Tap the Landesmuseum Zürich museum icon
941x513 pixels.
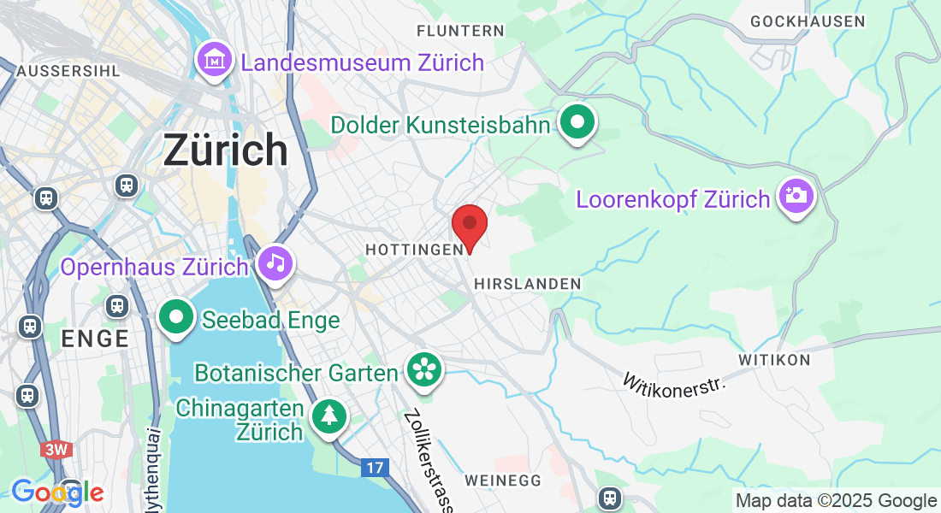[214, 60]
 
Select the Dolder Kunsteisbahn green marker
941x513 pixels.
[577, 122]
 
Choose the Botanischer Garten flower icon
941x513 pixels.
[423, 370]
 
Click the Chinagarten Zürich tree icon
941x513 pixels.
[329, 416]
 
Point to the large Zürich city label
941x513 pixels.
[226, 150]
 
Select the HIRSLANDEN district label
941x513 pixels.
[527, 283]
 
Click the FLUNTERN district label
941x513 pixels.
[460, 31]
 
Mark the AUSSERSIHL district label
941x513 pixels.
[68, 70]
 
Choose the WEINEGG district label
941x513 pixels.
[503, 481]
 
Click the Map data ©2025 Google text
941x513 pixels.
[836, 501]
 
